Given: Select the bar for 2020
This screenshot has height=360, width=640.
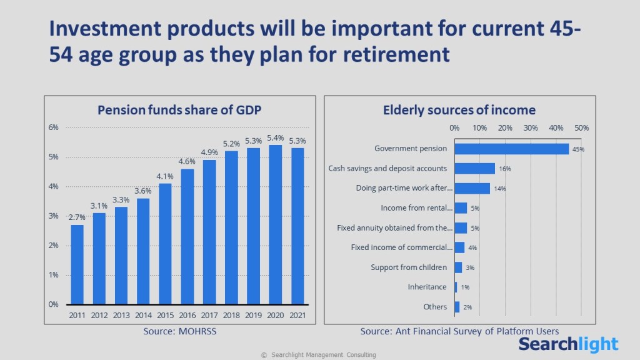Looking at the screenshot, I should pos(275,225).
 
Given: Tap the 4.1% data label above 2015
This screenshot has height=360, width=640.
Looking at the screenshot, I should pos(165,176).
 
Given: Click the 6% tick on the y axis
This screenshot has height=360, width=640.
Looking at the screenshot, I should pos(54,127).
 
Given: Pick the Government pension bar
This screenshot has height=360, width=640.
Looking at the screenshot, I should pos(511,149).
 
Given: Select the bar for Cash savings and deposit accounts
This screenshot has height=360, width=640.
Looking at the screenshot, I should pos(474,168).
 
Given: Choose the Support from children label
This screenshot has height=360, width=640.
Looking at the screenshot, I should pos(409,267).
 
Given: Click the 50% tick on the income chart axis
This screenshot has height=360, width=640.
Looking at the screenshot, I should pos(581,128).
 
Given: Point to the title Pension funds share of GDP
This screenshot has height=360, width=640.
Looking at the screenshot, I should pos(179,110).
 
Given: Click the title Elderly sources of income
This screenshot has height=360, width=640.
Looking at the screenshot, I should pos(459,110).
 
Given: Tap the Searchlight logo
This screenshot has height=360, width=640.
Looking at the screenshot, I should pos(569,344).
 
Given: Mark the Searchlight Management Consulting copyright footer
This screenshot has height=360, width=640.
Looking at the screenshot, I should pos(319,355).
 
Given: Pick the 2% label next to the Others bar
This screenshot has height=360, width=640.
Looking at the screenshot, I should pos(467,307).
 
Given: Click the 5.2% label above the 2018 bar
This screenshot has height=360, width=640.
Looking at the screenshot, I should pos(231,144).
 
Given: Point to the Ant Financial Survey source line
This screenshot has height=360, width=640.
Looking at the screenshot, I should pos(459,331).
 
